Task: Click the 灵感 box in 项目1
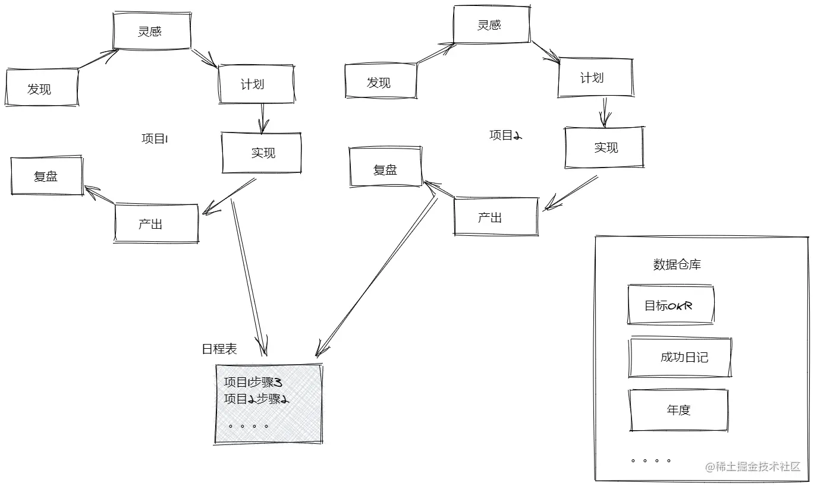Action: pos(152,31)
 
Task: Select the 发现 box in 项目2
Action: pos(380,82)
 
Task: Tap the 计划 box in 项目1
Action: pos(256,84)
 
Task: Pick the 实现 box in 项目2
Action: pos(604,147)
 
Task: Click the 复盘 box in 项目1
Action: pos(46,176)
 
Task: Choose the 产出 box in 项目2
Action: pos(495,217)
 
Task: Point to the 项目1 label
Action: pos(155,139)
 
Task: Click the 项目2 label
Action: pos(505,135)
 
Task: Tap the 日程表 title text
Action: pos(219,349)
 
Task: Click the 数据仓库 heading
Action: pos(677,264)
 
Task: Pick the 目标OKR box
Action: pos(670,305)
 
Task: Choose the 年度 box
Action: pos(678,409)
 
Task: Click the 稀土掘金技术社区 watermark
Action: pos(753,467)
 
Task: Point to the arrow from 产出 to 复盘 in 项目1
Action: pos(99,197)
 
